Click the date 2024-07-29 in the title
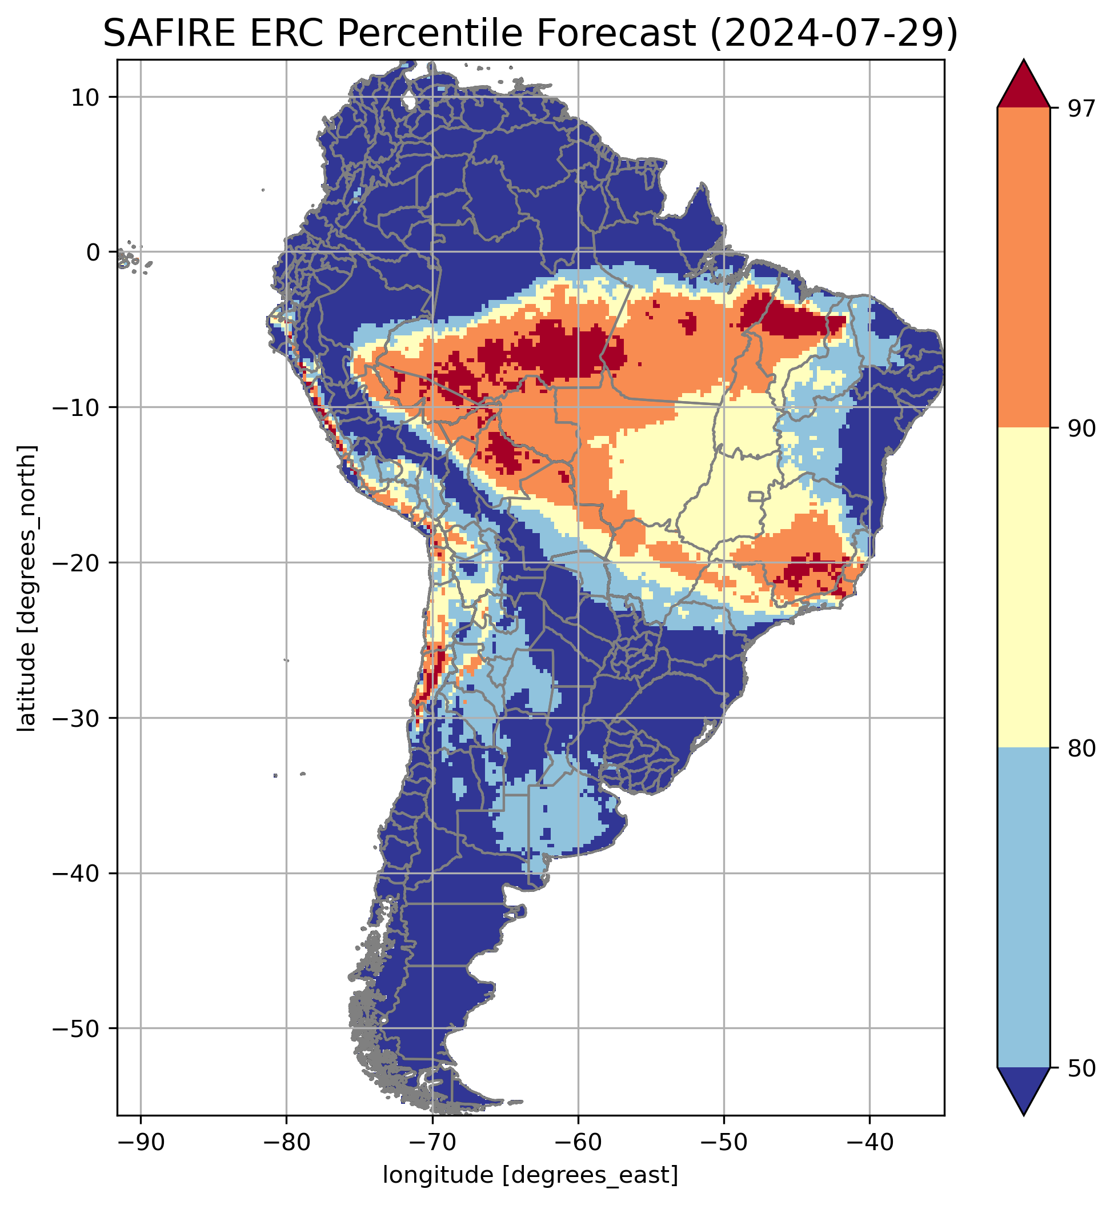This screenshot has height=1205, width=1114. pyautogui.click(x=834, y=34)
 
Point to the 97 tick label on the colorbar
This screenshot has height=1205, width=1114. pyautogui.click(x=1080, y=109)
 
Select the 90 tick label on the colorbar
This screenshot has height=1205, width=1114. pyautogui.click(x=1080, y=429)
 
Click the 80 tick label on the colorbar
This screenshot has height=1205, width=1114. pyautogui.click(x=1080, y=749)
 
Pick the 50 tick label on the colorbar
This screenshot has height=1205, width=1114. pyautogui.click(x=1080, y=1069)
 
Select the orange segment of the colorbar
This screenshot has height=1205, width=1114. pyautogui.click(x=1024, y=268)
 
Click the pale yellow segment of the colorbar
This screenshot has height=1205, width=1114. pyautogui.click(x=1024, y=588)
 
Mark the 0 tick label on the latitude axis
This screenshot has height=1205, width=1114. pyautogui.click(x=93, y=253)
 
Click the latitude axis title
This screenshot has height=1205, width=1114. pyautogui.click(x=27, y=588)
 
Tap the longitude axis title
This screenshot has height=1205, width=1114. pyautogui.click(x=531, y=1175)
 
